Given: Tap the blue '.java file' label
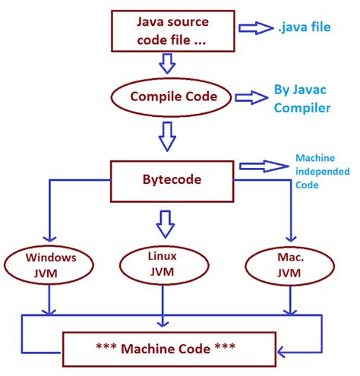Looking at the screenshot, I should [305, 28].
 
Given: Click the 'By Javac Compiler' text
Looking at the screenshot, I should [302, 99].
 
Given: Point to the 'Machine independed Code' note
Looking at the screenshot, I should [320, 173].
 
